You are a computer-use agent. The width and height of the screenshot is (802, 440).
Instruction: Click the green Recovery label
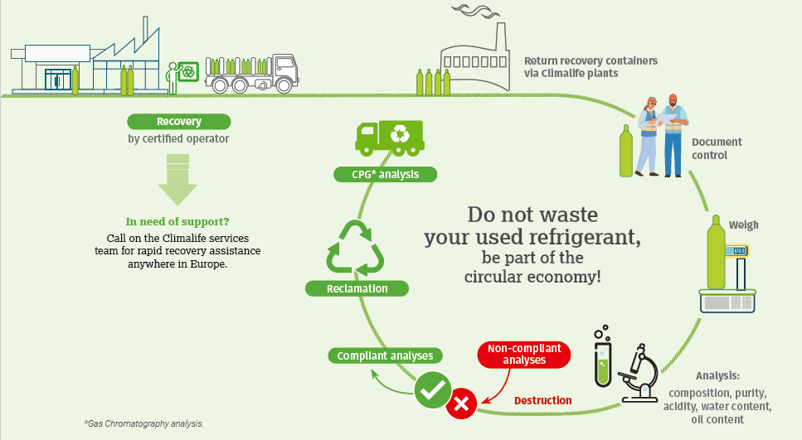coord(178,122)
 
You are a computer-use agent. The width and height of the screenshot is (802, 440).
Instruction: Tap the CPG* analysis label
coord(376,174)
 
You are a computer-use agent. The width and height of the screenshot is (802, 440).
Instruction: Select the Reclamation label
coord(357,288)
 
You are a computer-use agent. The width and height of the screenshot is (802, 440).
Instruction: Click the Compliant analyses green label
coord(385,355)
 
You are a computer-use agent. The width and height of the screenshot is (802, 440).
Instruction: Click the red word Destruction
coord(542,400)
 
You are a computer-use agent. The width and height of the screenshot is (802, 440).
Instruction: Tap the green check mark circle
coord(432,389)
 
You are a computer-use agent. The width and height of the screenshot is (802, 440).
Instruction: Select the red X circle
coord(461,404)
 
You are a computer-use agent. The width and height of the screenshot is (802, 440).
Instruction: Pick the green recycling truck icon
coord(389,136)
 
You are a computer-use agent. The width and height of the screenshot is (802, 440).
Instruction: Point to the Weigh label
coord(743,225)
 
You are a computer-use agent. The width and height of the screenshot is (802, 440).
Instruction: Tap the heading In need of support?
coord(177,222)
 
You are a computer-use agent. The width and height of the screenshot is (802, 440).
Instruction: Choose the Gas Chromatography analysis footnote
coord(143,423)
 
